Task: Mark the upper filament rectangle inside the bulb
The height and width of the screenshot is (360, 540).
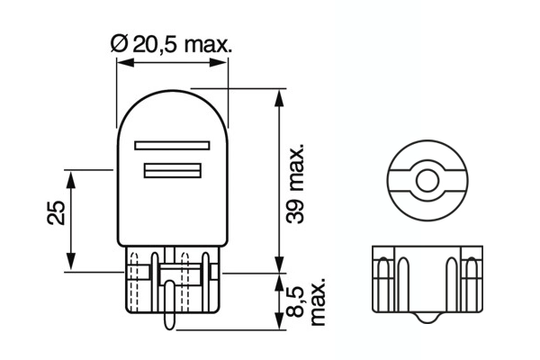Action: point(171,145)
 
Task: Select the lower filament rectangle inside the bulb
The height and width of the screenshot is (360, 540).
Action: point(171,170)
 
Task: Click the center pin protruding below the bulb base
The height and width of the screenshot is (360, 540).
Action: point(168,306)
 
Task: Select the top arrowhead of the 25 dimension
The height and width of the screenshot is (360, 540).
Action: point(72,174)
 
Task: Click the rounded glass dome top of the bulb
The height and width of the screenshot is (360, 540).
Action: point(171,99)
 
